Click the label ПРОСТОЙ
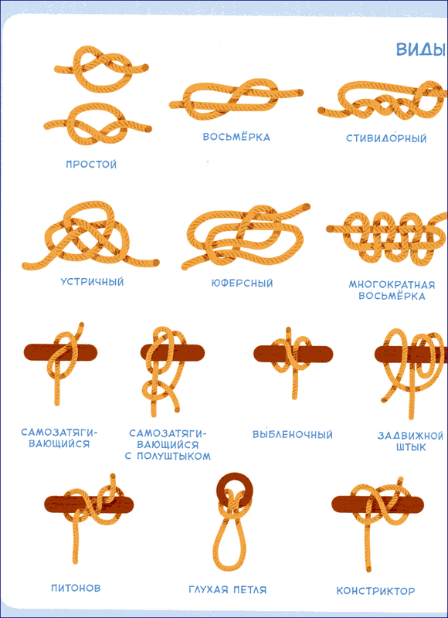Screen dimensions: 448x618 point(91,164)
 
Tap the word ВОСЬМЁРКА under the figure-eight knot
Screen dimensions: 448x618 point(236,137)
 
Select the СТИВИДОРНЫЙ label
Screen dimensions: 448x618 point(386,138)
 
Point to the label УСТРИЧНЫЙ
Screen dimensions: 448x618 point(92,282)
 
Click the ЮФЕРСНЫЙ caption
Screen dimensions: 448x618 point(242,283)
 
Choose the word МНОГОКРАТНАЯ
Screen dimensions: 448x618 point(392,284)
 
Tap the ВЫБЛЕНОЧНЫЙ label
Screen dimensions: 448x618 point(293,434)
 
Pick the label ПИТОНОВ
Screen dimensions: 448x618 point(76,588)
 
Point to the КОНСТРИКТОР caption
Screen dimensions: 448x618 point(375,591)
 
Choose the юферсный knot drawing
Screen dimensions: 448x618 point(244,236)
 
